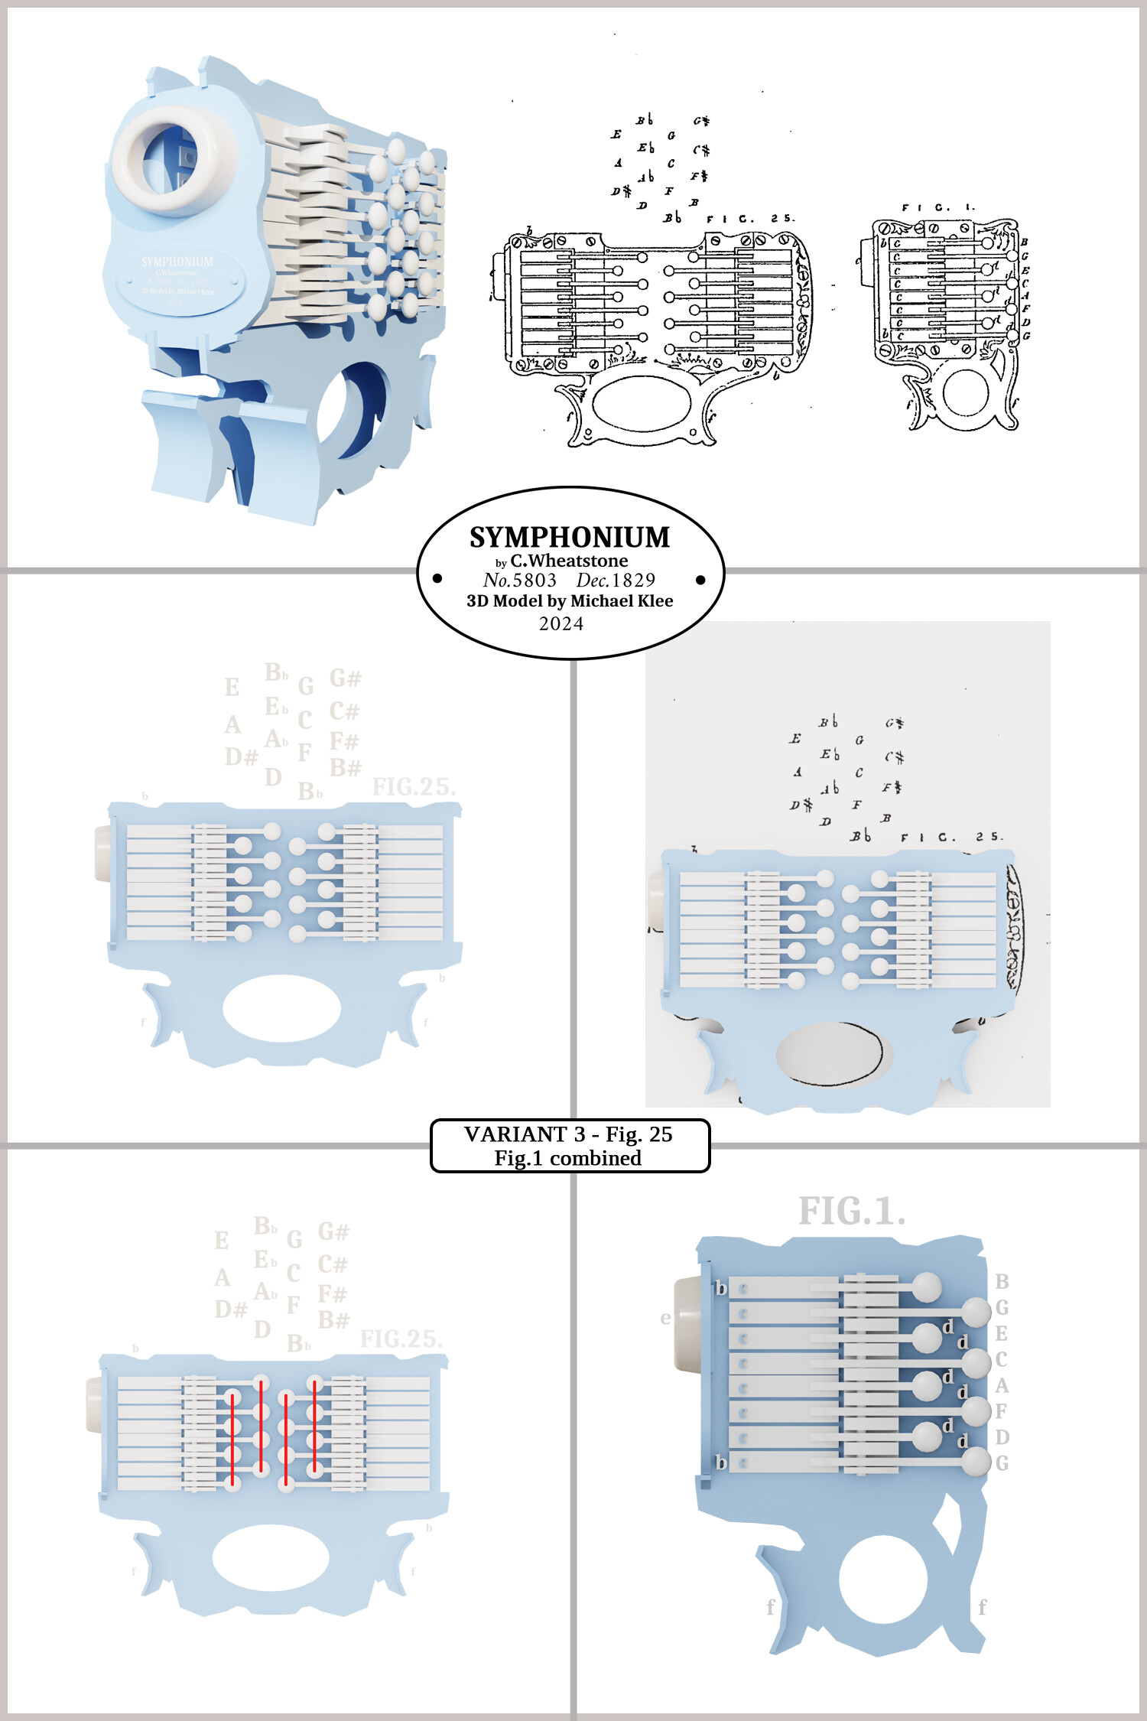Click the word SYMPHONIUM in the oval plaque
click(570, 538)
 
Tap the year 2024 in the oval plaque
click(561, 624)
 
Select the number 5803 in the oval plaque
click(535, 581)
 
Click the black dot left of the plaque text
click(437, 579)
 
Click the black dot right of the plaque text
click(700, 581)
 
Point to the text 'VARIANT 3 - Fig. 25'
click(568, 1134)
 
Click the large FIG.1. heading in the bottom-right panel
click(852, 1212)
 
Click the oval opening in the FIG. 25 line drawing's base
click(642, 402)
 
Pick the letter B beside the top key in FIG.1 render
click(1002, 1281)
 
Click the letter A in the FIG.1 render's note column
click(1002, 1385)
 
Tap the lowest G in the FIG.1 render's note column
click(1002, 1463)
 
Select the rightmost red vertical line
click(314, 1426)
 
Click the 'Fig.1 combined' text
click(568, 1158)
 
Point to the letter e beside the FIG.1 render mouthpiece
click(665, 1318)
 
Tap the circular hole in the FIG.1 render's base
click(883, 1579)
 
